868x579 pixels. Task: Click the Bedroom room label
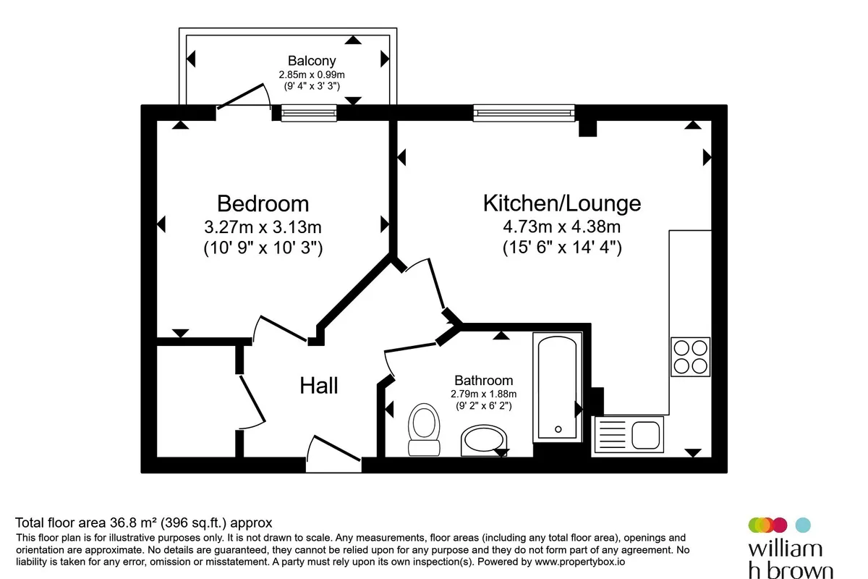point(263,203)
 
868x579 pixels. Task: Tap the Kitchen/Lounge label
point(562,203)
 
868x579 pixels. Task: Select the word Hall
point(319,386)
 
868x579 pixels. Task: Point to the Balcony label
point(312,61)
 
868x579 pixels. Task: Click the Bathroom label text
point(484,380)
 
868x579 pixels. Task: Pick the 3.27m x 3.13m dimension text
point(263,227)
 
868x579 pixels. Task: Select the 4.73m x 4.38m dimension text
point(562,227)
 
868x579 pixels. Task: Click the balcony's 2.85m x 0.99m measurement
point(312,75)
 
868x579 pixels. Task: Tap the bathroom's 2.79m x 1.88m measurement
point(484,394)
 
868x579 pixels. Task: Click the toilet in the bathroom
point(424,430)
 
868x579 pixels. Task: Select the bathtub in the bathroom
point(558,387)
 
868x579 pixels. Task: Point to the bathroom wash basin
point(484,441)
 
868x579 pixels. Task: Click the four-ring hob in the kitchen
point(691,357)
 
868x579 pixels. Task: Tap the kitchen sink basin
point(645,435)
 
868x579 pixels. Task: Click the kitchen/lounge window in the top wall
point(524,113)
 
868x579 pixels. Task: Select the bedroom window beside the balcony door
point(309,113)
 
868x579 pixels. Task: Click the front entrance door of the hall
point(334,454)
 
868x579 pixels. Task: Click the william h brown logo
point(791,548)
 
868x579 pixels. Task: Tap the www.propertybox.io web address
point(580,562)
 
